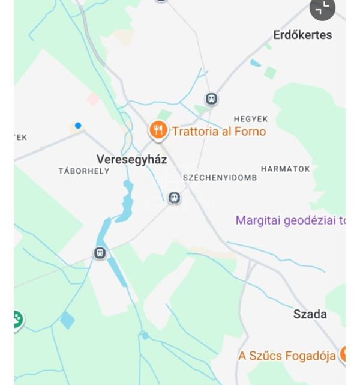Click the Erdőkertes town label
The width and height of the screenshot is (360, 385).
point(302,35)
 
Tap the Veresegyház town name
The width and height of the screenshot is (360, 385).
point(132,159)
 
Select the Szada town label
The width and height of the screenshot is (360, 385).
point(310,314)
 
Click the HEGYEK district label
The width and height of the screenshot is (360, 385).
point(251,119)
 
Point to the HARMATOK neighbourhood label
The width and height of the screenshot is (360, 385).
point(286,169)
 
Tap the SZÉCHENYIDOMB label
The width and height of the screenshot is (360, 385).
point(220,178)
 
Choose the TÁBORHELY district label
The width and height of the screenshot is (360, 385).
point(84,171)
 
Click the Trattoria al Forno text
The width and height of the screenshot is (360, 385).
point(219,132)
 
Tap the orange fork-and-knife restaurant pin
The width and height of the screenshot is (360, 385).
point(158,130)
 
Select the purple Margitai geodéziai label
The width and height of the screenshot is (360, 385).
point(290,220)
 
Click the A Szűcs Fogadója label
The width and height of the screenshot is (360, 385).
point(287,356)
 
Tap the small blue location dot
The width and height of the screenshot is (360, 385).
point(78,126)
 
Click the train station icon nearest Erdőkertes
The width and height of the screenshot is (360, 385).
point(211,99)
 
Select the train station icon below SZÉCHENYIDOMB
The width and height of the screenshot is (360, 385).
point(174,198)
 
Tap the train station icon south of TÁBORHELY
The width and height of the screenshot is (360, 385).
point(100,253)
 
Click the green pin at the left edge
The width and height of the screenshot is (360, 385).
point(17,319)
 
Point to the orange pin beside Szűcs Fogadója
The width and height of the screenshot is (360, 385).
point(344,354)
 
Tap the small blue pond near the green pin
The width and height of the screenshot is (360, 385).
point(67,320)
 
